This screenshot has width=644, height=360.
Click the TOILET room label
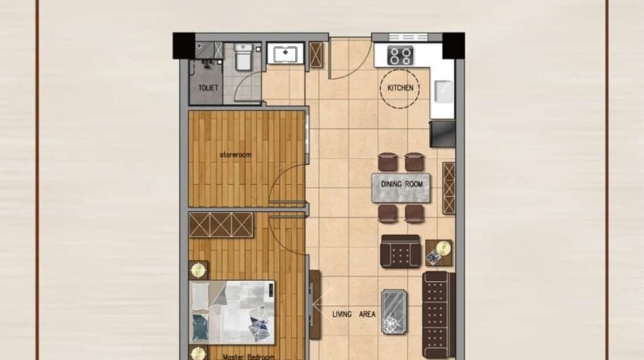click(x=207, y=88)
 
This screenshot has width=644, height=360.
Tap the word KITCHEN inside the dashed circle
click(x=400, y=88)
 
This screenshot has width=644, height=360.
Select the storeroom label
click(x=235, y=155)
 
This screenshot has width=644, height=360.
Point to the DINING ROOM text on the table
click(x=402, y=184)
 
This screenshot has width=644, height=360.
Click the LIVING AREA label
click(x=354, y=315)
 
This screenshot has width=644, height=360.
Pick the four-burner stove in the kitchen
click(x=400, y=56)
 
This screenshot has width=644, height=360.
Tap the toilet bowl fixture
click(x=243, y=56)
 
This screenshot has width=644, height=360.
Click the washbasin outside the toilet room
click(x=285, y=53)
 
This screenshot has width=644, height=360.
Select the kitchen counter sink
click(x=443, y=92)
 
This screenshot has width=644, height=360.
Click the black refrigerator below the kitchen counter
click(x=443, y=134)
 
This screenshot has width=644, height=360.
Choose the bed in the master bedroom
click(x=231, y=312)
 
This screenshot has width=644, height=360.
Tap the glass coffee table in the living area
click(x=394, y=311)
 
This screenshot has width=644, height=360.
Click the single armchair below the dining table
click(x=400, y=251)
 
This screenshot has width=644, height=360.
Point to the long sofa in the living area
click(x=439, y=315)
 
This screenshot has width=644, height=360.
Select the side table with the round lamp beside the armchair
click(x=439, y=252)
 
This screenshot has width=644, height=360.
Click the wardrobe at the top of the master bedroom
click(x=221, y=225)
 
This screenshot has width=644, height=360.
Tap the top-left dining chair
click(x=388, y=162)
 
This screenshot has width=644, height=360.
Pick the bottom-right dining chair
click(x=414, y=214)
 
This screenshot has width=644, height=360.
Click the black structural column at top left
click(x=184, y=45)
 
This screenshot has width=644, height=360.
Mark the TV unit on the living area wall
click(x=314, y=304)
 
